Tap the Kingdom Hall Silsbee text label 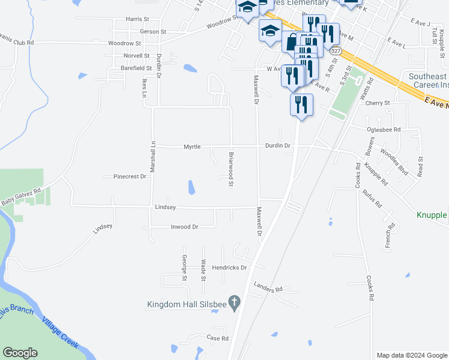point(187,305)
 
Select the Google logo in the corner point(20,353)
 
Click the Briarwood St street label point(231,169)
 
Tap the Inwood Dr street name point(184,227)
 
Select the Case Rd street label point(217,338)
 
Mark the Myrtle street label point(192,146)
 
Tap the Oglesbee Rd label point(384,129)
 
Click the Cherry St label point(378,103)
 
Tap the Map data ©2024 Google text point(411,355)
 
